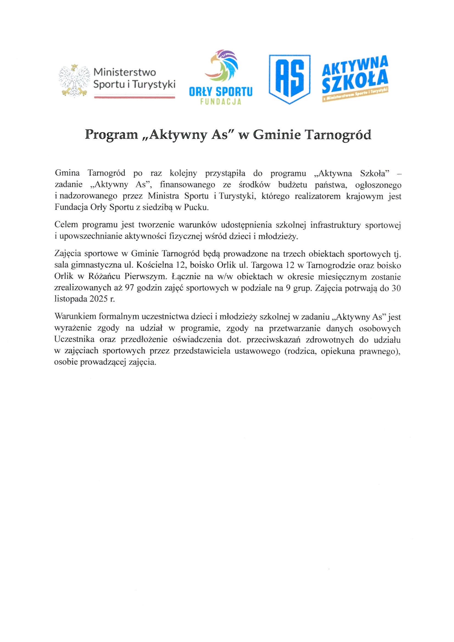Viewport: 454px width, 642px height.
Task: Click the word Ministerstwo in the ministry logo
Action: pos(124,72)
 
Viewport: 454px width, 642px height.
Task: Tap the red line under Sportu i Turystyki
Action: pos(134,97)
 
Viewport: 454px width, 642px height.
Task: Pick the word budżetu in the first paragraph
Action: pos(293,185)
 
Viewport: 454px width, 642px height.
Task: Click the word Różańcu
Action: pos(105,276)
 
